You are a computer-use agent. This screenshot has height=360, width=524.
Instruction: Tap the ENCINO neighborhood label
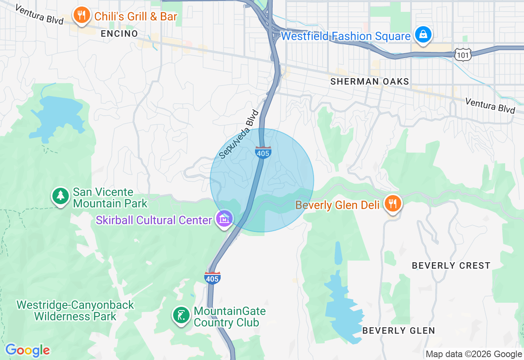click(120, 34)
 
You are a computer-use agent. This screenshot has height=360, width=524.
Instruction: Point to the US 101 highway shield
click(463, 54)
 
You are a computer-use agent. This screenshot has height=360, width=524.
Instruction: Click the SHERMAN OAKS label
click(370, 81)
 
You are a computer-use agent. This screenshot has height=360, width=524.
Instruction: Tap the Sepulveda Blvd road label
click(240, 134)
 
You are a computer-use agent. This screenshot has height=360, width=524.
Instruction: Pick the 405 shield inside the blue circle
click(263, 153)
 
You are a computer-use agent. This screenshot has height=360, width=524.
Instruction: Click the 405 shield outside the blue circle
click(212, 278)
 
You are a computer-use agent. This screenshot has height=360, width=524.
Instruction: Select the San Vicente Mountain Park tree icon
click(61, 196)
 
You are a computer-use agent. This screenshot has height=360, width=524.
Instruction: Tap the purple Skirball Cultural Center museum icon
click(224, 219)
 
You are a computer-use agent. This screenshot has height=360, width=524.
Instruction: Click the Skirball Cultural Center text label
click(154, 220)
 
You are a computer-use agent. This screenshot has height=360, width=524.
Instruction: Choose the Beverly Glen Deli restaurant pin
click(393, 203)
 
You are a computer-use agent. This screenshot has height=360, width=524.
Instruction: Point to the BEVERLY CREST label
click(451, 265)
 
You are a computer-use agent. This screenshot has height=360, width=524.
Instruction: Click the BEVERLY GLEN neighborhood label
click(398, 331)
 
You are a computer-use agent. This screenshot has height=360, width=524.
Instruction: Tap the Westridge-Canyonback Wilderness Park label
click(75, 310)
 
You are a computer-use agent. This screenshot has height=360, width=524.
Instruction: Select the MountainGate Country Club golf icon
click(181, 315)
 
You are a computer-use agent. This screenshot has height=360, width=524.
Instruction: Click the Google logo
click(27, 350)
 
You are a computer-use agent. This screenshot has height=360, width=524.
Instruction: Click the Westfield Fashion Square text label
click(346, 36)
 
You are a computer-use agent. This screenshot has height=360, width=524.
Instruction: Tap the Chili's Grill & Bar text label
click(136, 16)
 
